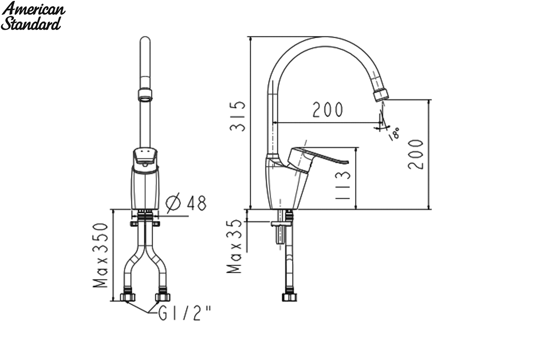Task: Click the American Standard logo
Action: pyautogui.click(x=33, y=15)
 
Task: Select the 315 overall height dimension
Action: pyautogui.click(x=238, y=116)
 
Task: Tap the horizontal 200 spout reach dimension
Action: pyautogui.click(x=328, y=110)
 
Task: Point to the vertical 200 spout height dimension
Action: pyautogui.click(x=416, y=154)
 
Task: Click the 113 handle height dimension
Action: pyautogui.click(x=342, y=185)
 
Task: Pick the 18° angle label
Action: pyautogui.click(x=394, y=134)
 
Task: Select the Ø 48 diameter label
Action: pyautogui.click(x=186, y=203)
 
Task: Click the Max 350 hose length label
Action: pyautogui.click(x=100, y=255)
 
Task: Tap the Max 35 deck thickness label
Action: pyautogui.click(x=234, y=246)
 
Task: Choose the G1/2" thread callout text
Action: pyautogui.click(x=184, y=313)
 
